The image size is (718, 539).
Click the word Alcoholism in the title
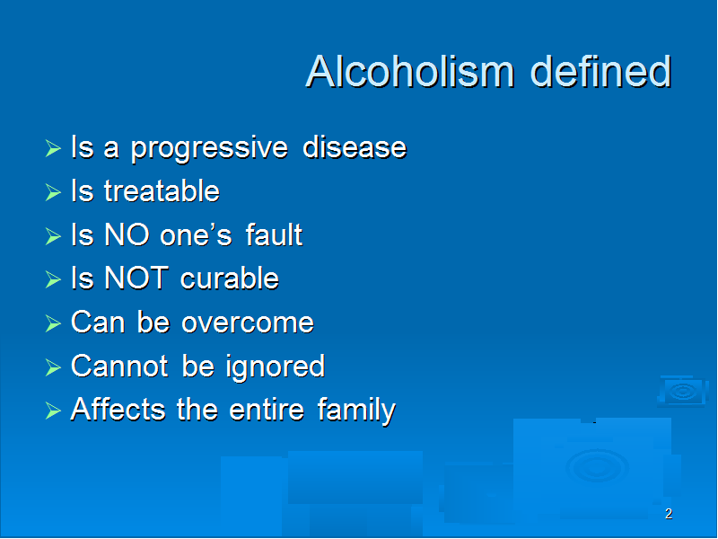(x=410, y=71)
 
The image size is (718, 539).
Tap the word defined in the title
(x=600, y=71)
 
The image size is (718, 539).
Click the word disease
(x=355, y=147)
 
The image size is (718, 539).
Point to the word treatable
(x=162, y=190)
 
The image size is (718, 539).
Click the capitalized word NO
(x=127, y=234)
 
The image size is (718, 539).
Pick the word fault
(x=274, y=234)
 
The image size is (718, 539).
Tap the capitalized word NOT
(x=136, y=278)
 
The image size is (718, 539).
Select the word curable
(x=230, y=278)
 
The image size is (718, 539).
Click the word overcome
(x=248, y=323)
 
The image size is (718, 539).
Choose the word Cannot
(x=120, y=367)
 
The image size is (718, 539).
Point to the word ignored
(x=276, y=367)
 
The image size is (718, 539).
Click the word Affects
(x=118, y=410)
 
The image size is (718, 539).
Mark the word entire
(x=267, y=410)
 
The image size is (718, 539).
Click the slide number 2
(x=669, y=514)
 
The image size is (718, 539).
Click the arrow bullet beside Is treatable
(x=53, y=192)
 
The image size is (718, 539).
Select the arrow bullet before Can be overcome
(x=53, y=323)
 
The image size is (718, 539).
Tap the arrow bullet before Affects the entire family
(x=53, y=411)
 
